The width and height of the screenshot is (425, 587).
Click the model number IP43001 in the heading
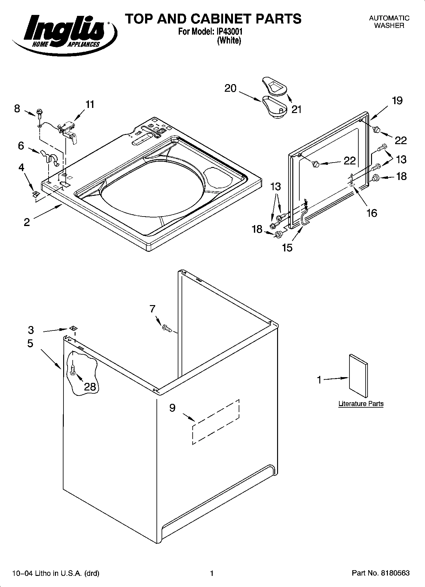pyautogui.click(x=229, y=32)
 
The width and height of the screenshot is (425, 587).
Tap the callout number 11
pyautogui.click(x=90, y=104)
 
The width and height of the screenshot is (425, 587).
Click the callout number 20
pyautogui.click(x=230, y=88)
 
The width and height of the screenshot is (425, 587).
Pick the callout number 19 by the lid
pyautogui.click(x=397, y=101)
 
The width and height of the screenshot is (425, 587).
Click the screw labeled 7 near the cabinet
pyautogui.click(x=167, y=328)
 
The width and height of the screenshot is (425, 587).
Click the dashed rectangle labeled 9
pyautogui.click(x=216, y=422)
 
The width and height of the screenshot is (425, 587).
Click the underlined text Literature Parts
pyautogui.click(x=361, y=404)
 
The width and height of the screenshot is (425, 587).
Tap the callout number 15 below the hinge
pyautogui.click(x=287, y=248)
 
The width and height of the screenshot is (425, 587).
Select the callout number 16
pyautogui.click(x=372, y=213)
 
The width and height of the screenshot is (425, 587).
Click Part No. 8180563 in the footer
pyautogui.click(x=381, y=573)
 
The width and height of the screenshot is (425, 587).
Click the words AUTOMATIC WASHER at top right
pyautogui.click(x=389, y=22)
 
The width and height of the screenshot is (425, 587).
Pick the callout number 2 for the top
pyautogui.click(x=27, y=222)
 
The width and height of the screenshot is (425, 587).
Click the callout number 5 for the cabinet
pyautogui.click(x=30, y=343)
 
